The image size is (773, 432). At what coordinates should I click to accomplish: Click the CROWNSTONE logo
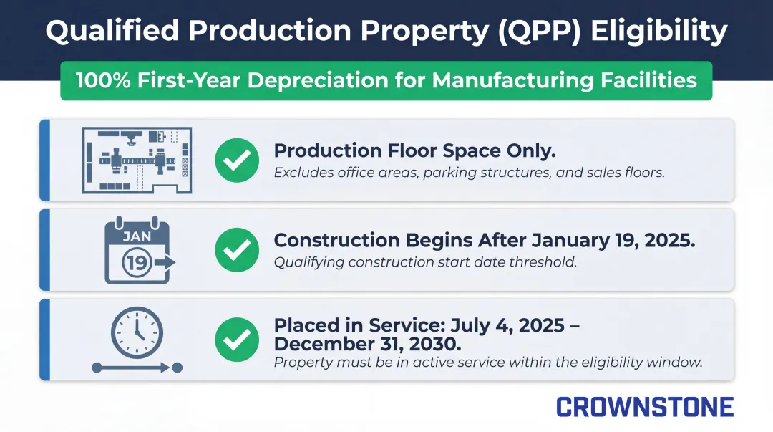pyautogui.click(x=645, y=407)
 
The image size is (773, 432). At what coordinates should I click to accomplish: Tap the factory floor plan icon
pyautogui.click(x=136, y=159)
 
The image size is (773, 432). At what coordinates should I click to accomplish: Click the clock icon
pyautogui.click(x=137, y=334)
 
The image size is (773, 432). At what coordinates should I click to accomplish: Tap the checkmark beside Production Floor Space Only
pyautogui.click(x=237, y=160)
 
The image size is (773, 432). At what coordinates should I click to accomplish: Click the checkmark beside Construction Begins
pyautogui.click(x=237, y=249)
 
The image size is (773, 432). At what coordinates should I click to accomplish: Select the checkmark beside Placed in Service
pyautogui.click(x=237, y=339)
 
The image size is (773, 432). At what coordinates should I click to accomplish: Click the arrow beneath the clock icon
pyautogui.click(x=137, y=368)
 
